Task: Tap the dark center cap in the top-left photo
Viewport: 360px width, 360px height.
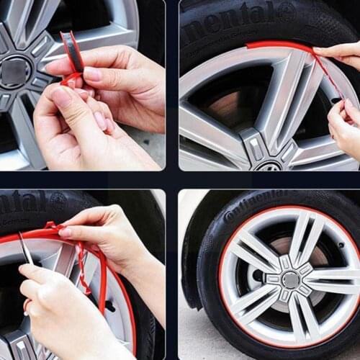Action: [14, 71]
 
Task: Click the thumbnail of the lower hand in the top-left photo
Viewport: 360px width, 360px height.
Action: [61, 96]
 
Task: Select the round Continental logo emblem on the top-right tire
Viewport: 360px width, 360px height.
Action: [287, 11]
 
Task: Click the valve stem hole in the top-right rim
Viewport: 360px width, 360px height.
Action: [333, 101]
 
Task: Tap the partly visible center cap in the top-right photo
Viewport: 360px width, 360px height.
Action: [268, 166]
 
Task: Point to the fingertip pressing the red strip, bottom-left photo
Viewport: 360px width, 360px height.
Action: [65, 232]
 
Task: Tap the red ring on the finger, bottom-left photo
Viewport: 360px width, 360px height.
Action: [27, 305]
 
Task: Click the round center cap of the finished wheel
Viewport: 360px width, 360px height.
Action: [289, 279]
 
